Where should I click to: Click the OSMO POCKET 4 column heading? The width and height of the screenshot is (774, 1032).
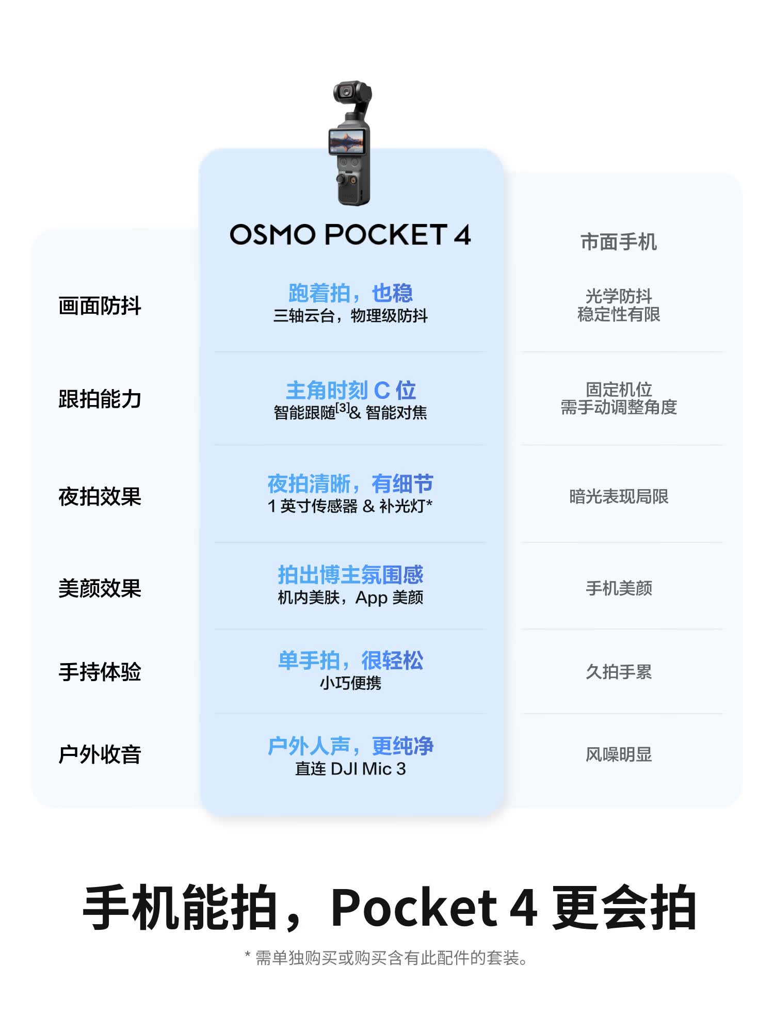pos(350,235)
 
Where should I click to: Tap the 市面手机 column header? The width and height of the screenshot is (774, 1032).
pos(619,242)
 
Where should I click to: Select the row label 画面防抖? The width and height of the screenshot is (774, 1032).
pos(100,305)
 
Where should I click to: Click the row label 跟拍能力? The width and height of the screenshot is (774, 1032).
pos(100,399)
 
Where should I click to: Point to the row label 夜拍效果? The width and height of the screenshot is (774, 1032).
pos(100,496)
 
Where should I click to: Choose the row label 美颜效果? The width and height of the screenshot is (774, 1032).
pos(100,588)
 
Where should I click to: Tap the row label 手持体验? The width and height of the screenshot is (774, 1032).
pos(100,672)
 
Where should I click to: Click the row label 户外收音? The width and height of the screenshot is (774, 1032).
pos(100,754)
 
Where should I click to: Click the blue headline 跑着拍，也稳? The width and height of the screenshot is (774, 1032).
pos(350,293)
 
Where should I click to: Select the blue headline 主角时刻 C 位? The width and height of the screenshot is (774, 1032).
pos(350,391)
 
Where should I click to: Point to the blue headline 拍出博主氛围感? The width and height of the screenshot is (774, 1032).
pos(350,575)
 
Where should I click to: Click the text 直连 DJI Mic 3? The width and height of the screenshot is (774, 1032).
pos(350,769)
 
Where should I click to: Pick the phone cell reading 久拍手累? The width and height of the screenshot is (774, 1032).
pos(619,672)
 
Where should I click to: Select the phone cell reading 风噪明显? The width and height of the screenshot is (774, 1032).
pos(619,754)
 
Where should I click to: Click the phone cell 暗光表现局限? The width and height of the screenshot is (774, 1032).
pos(619,496)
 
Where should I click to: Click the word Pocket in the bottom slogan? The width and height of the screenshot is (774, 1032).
pos(413,908)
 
